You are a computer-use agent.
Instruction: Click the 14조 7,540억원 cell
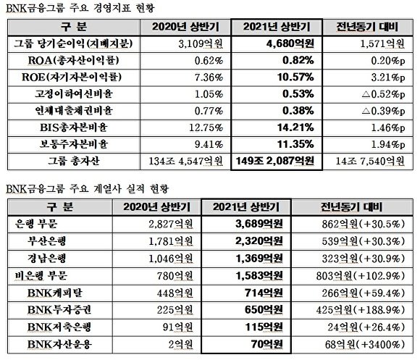(x=366, y=160)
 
